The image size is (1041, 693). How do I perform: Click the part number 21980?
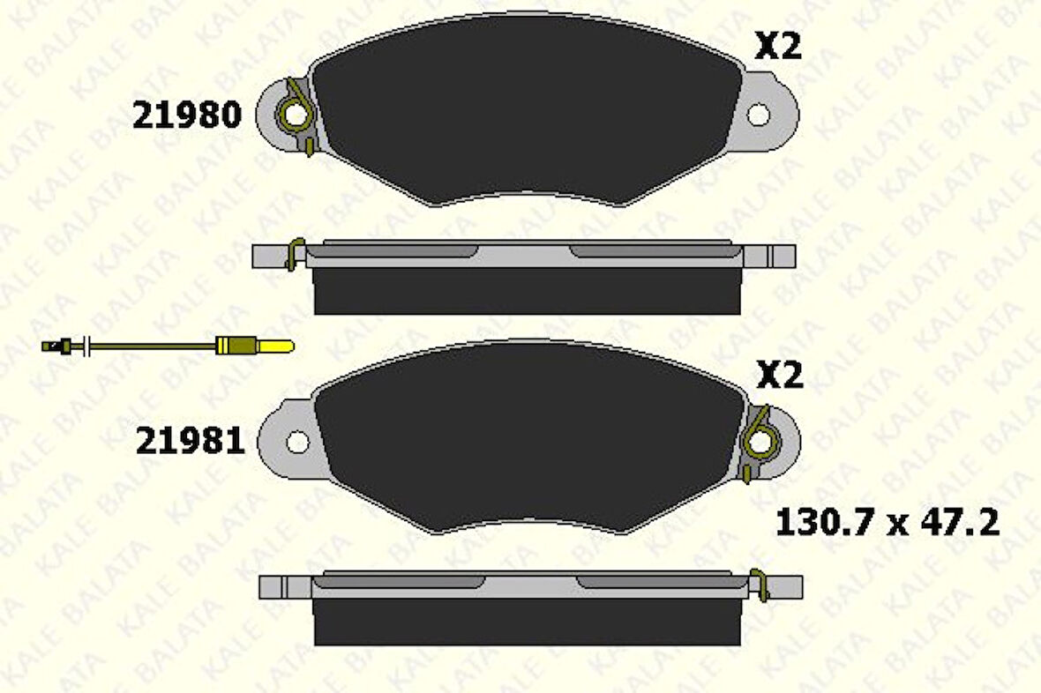[x=186, y=115]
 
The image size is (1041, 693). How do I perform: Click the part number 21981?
[x=189, y=441]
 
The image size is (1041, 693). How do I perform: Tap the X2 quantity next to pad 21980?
[x=777, y=46]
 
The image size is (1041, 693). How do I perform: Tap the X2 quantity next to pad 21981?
[x=780, y=376]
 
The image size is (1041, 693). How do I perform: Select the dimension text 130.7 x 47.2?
[x=887, y=523]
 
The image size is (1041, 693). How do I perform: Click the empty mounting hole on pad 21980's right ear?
[x=759, y=114]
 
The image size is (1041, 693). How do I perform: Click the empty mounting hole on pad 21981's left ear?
[x=298, y=441]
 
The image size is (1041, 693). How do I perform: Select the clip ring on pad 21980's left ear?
[x=292, y=114]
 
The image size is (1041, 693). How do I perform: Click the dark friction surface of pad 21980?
[x=526, y=110]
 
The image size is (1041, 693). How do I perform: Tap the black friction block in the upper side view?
[x=527, y=290]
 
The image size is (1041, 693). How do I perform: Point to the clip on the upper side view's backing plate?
[x=296, y=253]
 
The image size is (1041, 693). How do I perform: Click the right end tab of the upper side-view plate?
[x=780, y=256]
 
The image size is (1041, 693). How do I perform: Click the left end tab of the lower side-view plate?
[x=284, y=586]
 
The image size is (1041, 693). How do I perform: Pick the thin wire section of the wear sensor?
[x=150, y=346]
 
